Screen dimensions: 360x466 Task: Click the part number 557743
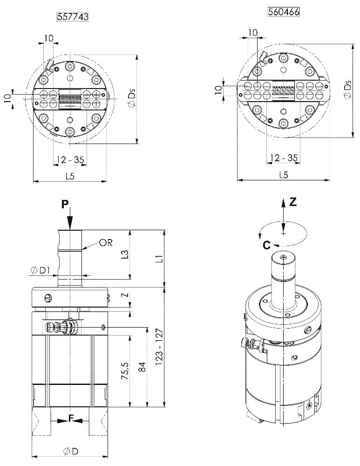click(x=73, y=16)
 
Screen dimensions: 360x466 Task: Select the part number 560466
click(x=284, y=12)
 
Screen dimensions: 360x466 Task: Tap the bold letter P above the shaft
click(x=65, y=204)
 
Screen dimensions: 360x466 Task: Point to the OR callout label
click(x=106, y=242)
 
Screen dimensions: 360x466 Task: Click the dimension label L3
click(x=125, y=254)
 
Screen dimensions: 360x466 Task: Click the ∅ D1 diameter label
click(x=40, y=270)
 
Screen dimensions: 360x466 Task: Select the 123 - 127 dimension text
click(x=159, y=347)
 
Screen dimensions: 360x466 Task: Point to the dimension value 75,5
click(x=125, y=370)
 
